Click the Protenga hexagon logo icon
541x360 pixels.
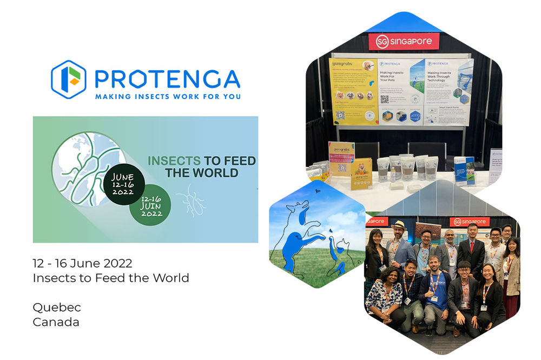coord(69,79)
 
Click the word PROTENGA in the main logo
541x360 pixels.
coord(167,78)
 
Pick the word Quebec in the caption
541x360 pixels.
coord(57,308)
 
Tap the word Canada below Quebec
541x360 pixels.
coord(56,322)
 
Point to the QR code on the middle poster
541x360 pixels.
coord(385,99)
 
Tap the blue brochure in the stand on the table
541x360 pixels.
coord(464,171)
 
